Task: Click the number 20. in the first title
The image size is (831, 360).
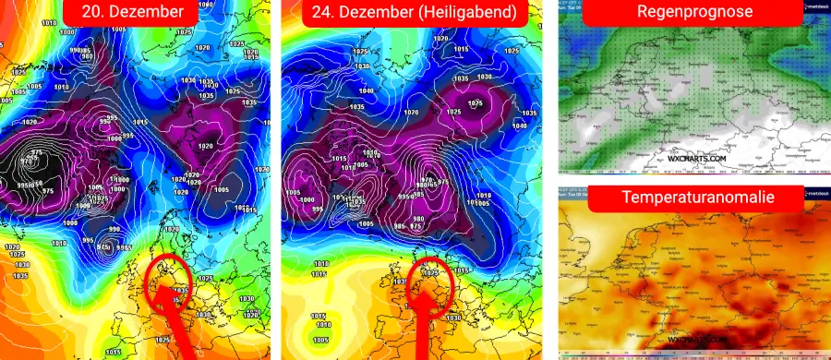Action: point(95,13)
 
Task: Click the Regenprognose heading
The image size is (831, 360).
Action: point(694,13)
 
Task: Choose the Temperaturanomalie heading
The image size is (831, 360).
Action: point(694,198)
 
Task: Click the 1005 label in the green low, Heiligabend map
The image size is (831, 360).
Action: point(319,340)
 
